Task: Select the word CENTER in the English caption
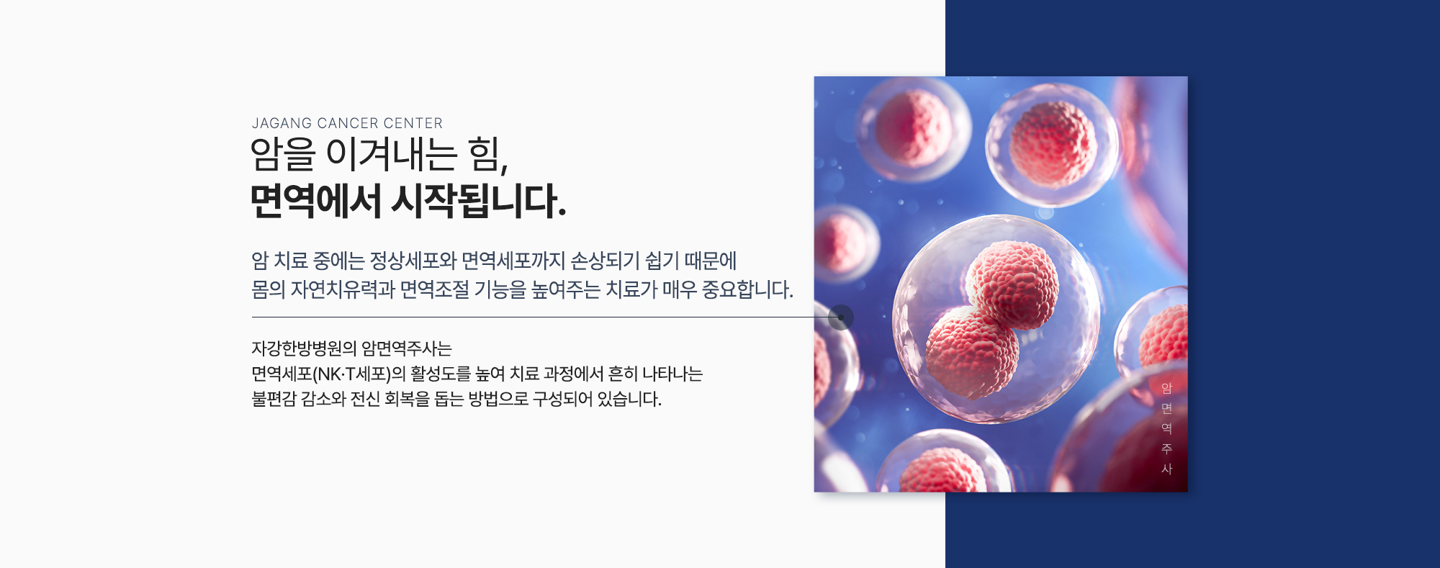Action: pos(413,124)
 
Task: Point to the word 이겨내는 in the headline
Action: pos(392,155)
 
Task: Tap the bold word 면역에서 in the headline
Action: pos(315,201)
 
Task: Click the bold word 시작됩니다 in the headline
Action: pos(479,201)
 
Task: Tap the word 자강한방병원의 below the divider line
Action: pos(304,348)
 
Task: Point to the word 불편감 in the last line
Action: pos(274,400)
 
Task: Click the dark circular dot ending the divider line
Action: pos(841,317)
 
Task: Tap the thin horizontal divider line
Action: pos(540,317)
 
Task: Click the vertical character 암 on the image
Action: pos(1167,389)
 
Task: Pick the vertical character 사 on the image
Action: pos(1167,469)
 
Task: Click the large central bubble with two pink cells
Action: pos(996,320)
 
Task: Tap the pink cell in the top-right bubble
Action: pos(1053,145)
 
